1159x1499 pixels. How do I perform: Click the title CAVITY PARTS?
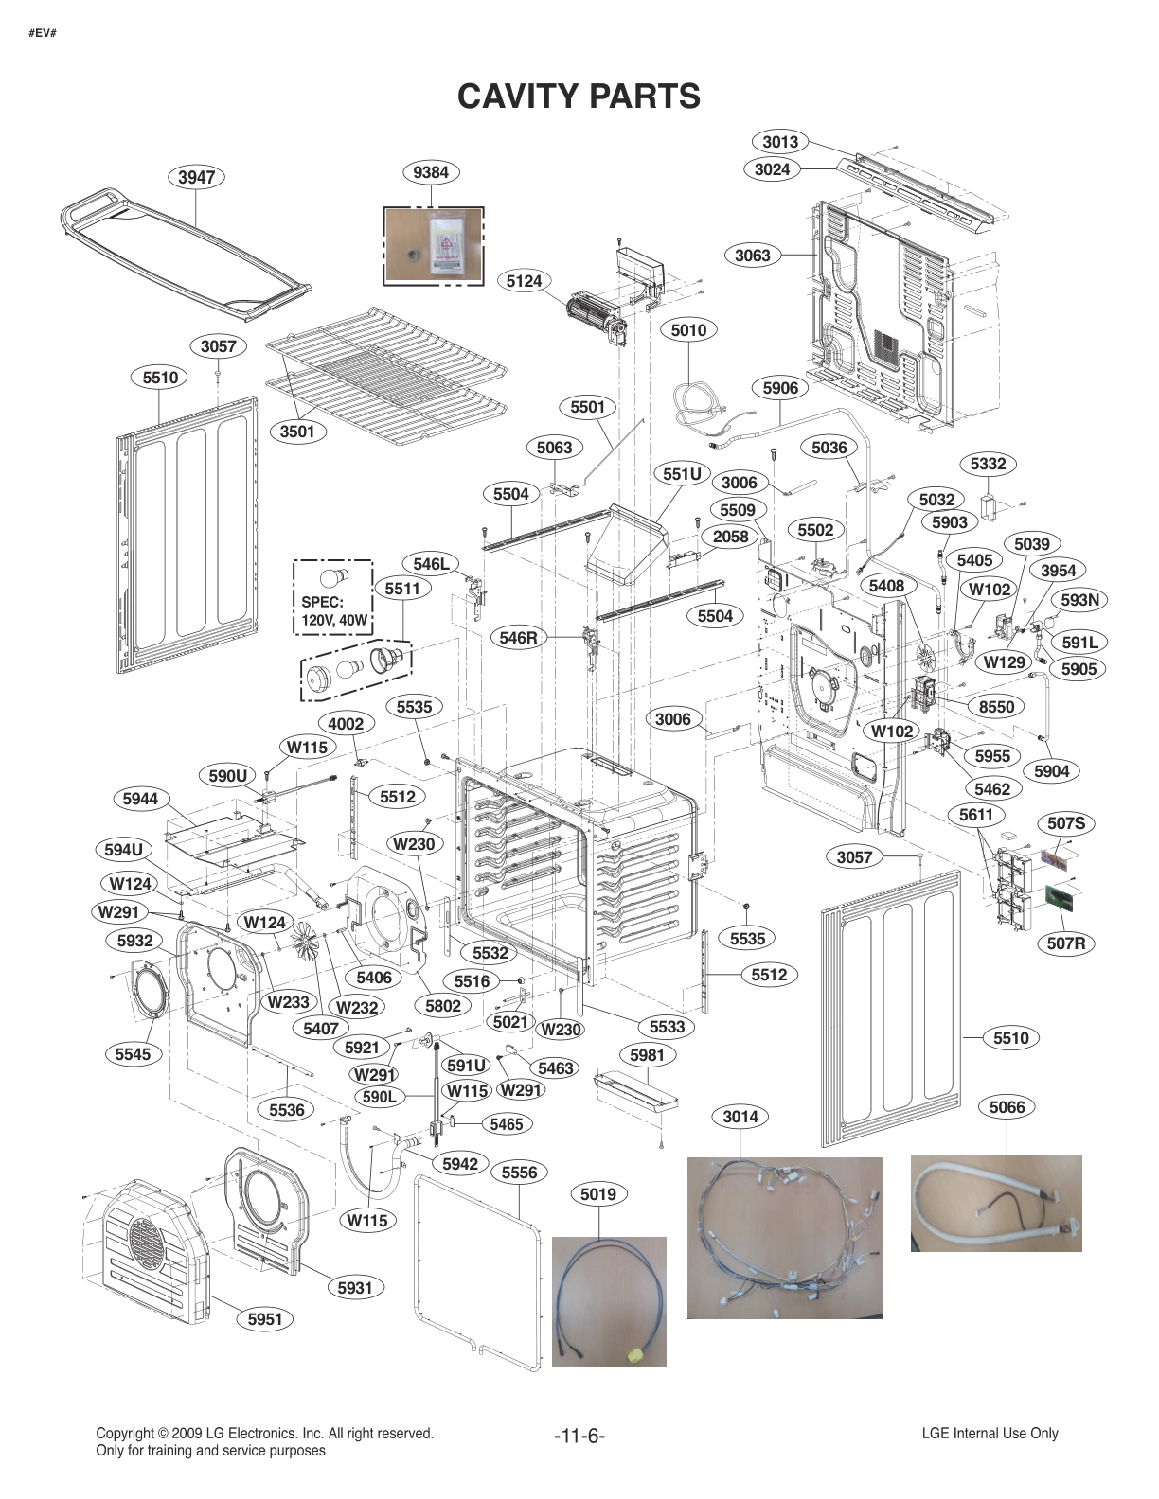tap(579, 97)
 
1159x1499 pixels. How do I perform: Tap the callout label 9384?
tap(431, 172)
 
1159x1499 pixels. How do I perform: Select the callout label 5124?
tap(524, 281)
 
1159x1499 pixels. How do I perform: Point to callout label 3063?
tap(753, 255)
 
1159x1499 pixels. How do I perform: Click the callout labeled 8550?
tap(996, 706)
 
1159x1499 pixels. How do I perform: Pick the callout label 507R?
tap(1066, 943)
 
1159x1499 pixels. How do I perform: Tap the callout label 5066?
tap(1007, 1106)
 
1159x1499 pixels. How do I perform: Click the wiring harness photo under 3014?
tap(784, 1237)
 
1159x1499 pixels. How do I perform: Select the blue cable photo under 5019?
tap(609, 1300)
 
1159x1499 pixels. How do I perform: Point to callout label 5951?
tap(265, 1318)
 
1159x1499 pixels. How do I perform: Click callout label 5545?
tap(133, 1054)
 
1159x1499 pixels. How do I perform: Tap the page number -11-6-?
tap(579, 1437)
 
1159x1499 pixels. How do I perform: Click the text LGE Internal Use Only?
tap(990, 1433)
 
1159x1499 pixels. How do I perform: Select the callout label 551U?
tap(682, 473)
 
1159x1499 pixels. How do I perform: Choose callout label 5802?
tap(443, 1006)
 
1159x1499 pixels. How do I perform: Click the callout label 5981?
tap(647, 1054)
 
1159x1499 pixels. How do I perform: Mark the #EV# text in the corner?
tap(42, 34)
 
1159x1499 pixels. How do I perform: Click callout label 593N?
tap(1079, 600)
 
